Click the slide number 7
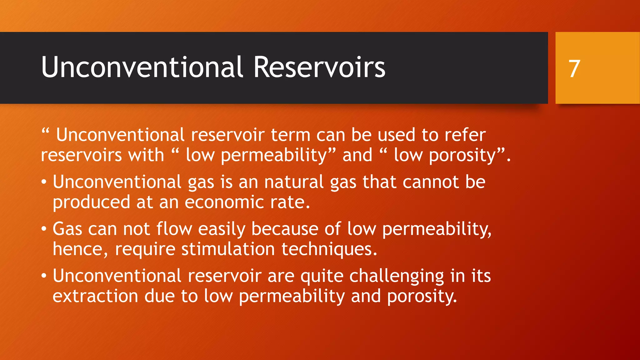point(574,69)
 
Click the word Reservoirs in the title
point(319,67)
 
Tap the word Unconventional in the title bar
point(142,67)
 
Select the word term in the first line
point(290,135)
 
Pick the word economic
point(224,202)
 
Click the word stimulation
point(228,249)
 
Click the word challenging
point(397,276)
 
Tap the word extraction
point(95,296)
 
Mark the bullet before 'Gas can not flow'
point(44,229)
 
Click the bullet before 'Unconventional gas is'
point(44,182)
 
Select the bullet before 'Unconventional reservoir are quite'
point(44,276)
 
